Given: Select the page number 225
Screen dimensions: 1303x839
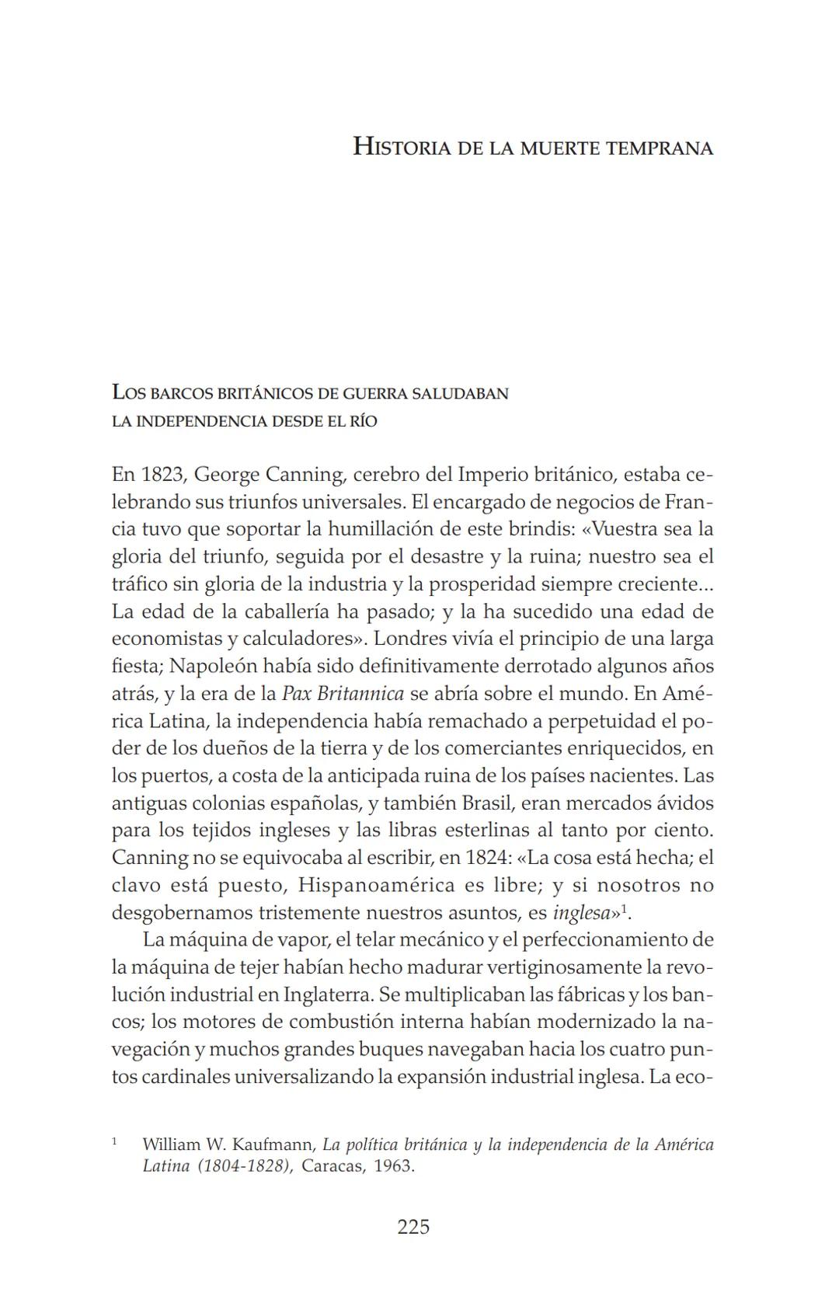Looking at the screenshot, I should [x=413, y=1228].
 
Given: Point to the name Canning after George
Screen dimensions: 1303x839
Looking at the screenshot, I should [x=304, y=474].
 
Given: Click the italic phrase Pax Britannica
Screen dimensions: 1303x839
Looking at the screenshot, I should [x=343, y=693].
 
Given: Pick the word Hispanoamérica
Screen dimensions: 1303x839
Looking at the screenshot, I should [x=377, y=885].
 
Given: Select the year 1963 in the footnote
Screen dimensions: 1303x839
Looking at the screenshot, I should [x=394, y=1166].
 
